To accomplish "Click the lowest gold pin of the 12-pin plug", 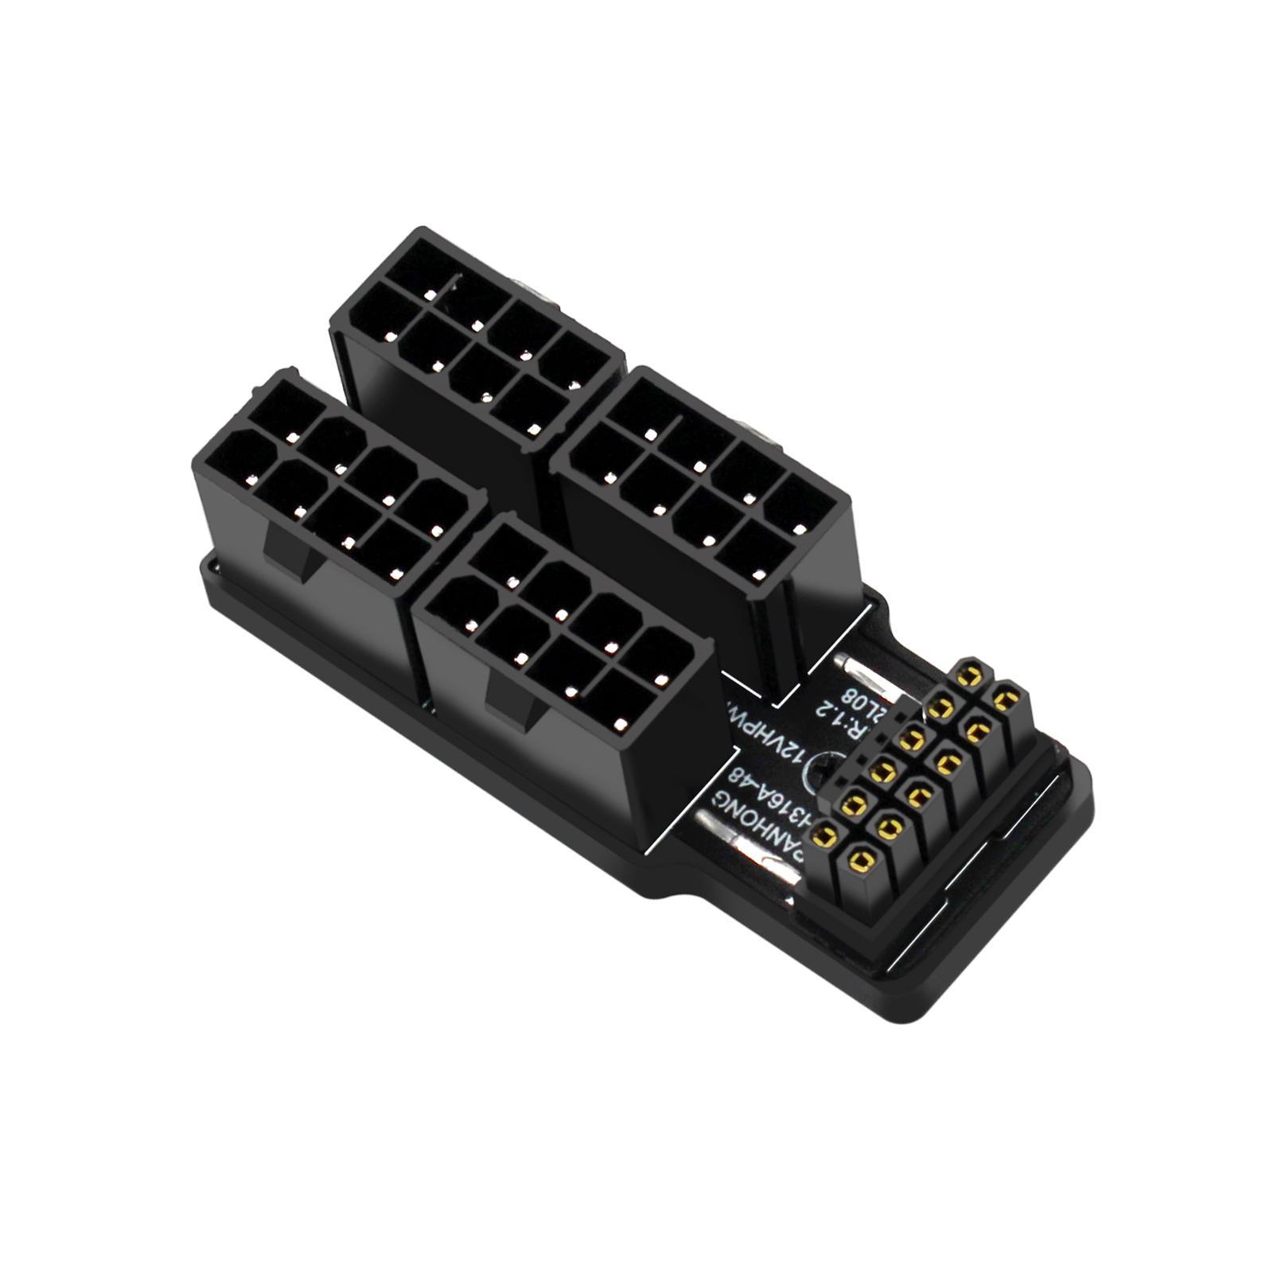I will click(x=862, y=857).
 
